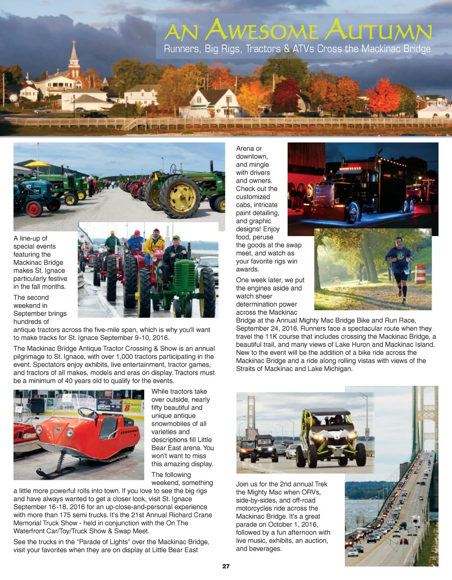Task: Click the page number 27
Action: tap(226, 566)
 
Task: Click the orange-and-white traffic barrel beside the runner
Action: tap(420, 274)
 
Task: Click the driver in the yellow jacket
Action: tap(154, 245)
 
